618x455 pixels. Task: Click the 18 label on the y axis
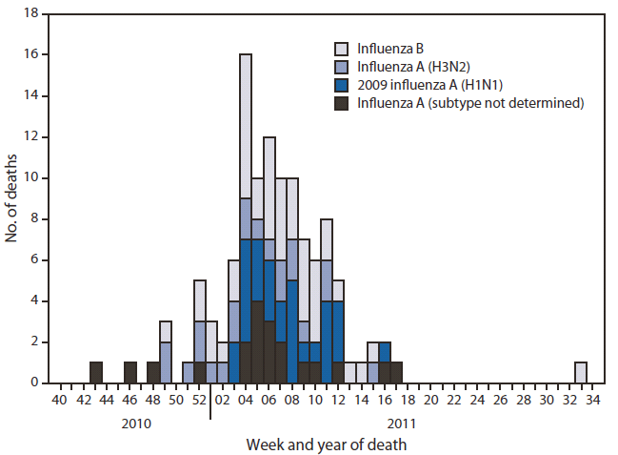pyautogui.click(x=30, y=13)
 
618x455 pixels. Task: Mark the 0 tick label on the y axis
pyautogui.click(x=34, y=383)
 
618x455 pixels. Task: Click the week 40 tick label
pyautogui.click(x=60, y=399)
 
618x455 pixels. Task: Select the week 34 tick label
pyautogui.click(x=592, y=399)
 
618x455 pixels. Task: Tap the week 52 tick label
pyautogui.click(x=199, y=399)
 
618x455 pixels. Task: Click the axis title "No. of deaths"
pyautogui.click(x=11, y=198)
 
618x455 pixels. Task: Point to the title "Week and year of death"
pyautogui.click(x=326, y=444)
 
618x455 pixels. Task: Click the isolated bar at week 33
pyautogui.click(x=581, y=372)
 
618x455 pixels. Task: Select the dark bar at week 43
pyautogui.click(x=95, y=372)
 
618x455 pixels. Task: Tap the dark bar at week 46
pyautogui.click(x=130, y=372)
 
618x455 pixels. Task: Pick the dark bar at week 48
pyautogui.click(x=153, y=372)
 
